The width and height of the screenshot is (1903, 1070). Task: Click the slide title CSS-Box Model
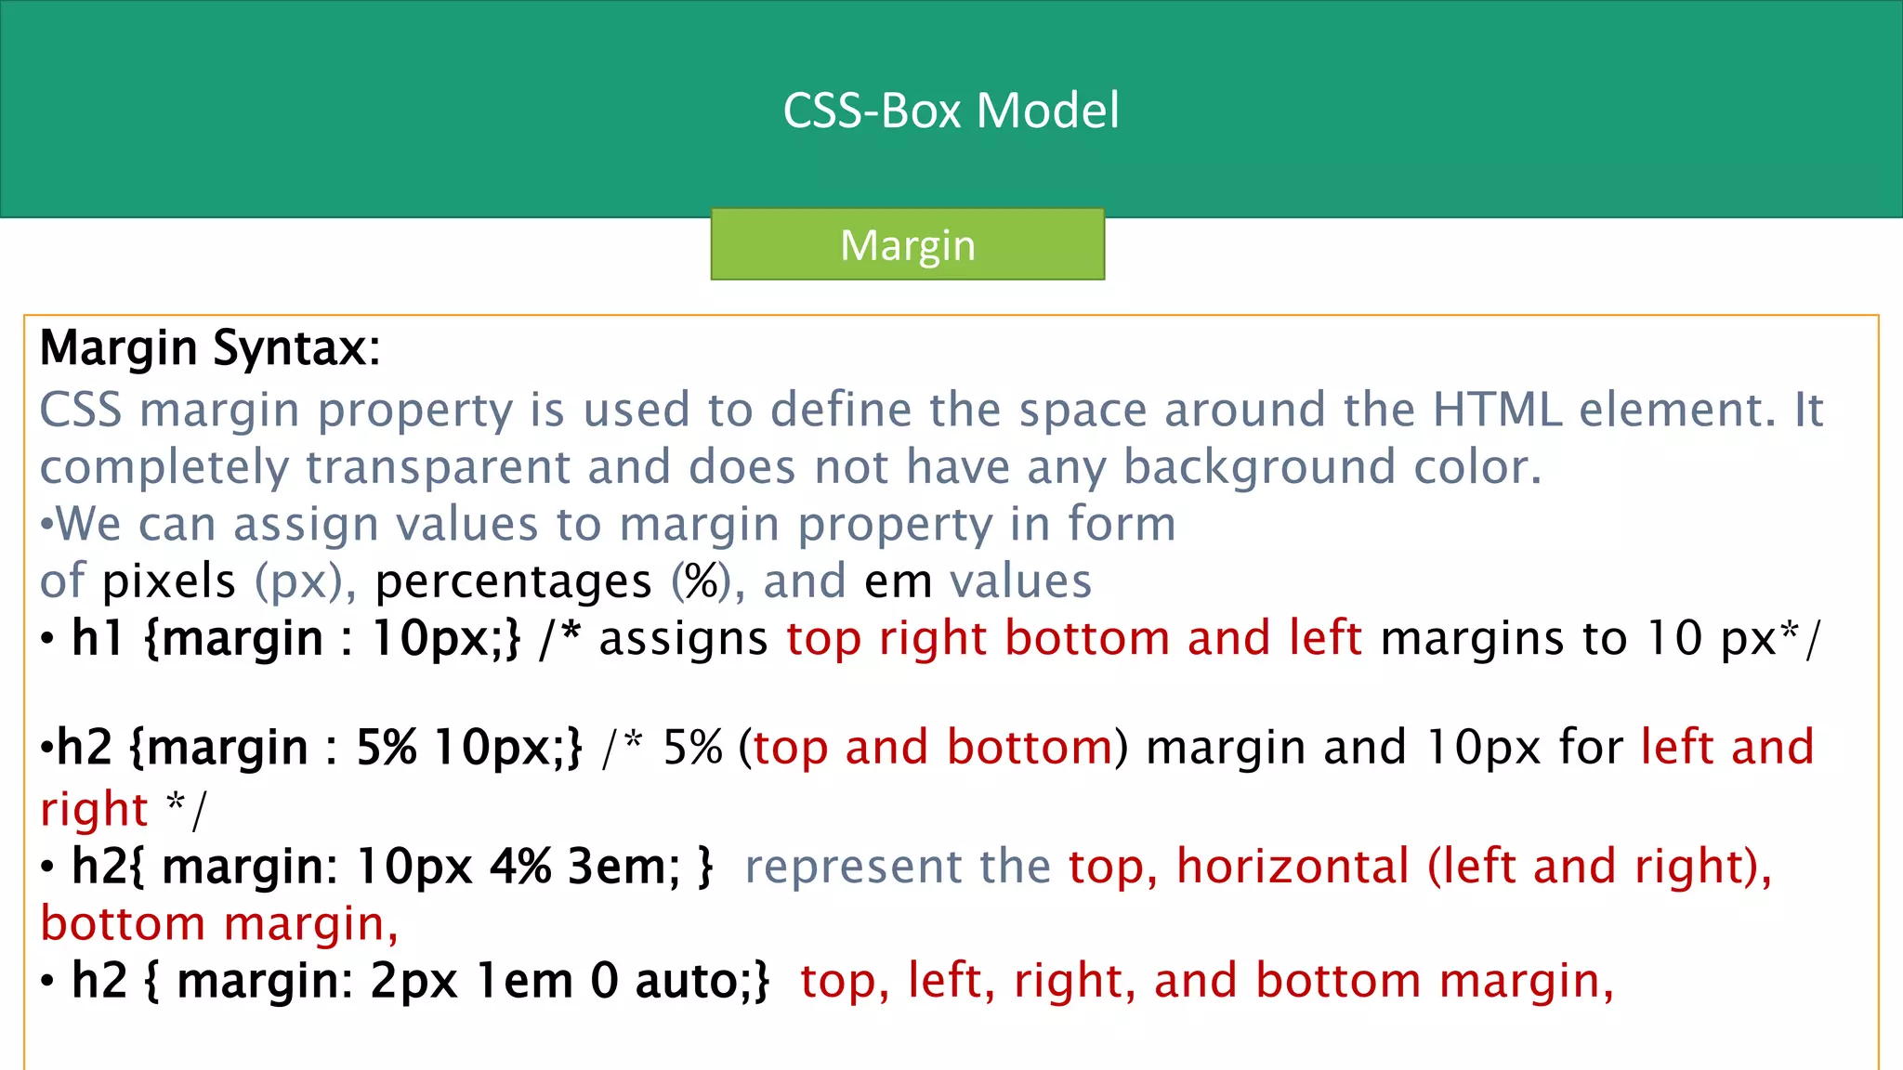[x=951, y=111]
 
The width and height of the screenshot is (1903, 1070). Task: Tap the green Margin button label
[x=908, y=245]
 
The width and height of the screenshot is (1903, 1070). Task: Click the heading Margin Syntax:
[x=210, y=348]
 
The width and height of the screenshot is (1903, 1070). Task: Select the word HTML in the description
[x=1498, y=410]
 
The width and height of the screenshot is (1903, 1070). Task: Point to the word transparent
[x=437, y=466]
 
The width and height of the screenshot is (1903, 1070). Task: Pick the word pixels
[x=169, y=581]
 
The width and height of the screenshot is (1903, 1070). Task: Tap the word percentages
[x=513, y=581]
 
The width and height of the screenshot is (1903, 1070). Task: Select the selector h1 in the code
[x=98, y=639]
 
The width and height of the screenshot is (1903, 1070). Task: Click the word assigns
[x=683, y=639]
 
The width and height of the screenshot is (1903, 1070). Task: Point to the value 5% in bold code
[x=387, y=748]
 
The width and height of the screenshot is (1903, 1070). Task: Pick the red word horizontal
[x=1293, y=867]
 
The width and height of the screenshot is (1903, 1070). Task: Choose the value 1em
[x=524, y=981]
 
